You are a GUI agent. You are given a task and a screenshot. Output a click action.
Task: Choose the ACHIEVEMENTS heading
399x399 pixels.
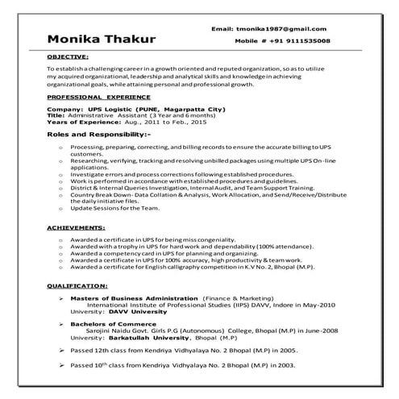(x=73, y=228)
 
